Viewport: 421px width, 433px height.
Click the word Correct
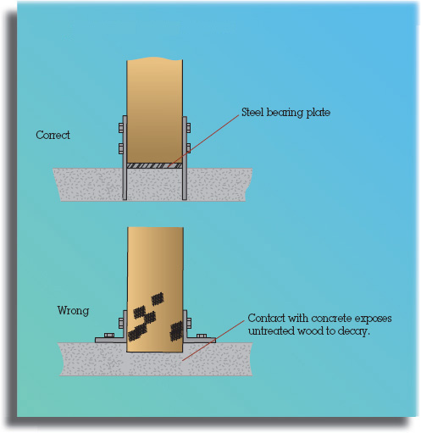pos(53,135)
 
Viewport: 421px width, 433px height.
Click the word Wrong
pos(73,310)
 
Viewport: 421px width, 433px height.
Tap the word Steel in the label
pos(252,112)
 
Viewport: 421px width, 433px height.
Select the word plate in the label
pos(319,113)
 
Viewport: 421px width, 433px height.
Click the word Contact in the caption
pos(266,318)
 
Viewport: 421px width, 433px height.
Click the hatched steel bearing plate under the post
pos(155,166)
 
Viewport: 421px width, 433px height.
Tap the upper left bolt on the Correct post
pos(121,128)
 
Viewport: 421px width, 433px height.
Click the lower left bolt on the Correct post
pos(121,148)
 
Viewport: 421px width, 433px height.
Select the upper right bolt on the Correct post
pos(188,128)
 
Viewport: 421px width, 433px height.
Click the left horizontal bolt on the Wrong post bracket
pos(121,323)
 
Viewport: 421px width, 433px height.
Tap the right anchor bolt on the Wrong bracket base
pos(202,336)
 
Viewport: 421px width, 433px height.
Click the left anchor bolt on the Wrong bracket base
pos(109,336)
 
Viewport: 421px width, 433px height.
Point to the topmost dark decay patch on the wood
pos(158,299)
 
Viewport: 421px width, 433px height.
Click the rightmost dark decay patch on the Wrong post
pos(176,330)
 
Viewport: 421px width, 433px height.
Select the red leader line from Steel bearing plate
pos(203,142)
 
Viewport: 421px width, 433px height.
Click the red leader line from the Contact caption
pos(213,341)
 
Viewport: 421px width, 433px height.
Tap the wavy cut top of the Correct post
pos(155,59)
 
